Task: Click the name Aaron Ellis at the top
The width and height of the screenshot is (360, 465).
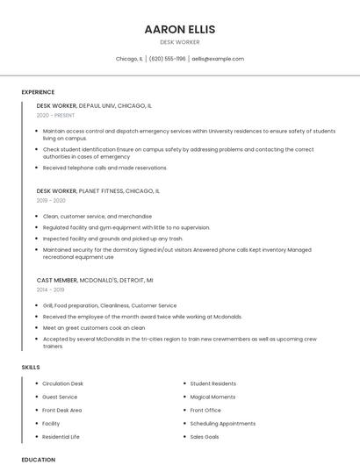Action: [179, 29]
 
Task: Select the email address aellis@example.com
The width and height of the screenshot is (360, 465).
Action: [218, 59]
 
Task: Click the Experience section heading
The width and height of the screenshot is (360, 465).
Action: [38, 92]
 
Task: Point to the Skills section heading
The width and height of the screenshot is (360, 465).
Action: [31, 367]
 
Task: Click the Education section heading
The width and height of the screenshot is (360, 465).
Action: [38, 459]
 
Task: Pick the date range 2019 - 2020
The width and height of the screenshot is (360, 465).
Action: [51, 200]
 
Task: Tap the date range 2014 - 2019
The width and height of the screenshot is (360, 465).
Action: [50, 289]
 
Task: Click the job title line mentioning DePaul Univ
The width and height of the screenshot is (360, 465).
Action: [94, 105]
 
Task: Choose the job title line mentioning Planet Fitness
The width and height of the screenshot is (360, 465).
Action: [97, 190]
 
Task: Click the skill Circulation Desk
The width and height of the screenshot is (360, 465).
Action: [62, 383]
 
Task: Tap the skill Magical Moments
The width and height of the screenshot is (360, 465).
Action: [212, 397]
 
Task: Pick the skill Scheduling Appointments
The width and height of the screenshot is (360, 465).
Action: [222, 423]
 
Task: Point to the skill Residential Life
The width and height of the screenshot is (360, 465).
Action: [61, 436]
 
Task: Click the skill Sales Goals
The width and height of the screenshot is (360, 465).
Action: [205, 436]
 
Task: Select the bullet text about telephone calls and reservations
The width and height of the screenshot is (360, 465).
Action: [104, 168]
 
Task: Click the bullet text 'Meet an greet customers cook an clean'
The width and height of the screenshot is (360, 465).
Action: [94, 327]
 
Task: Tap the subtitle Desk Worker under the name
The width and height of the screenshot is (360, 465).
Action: [179, 42]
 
